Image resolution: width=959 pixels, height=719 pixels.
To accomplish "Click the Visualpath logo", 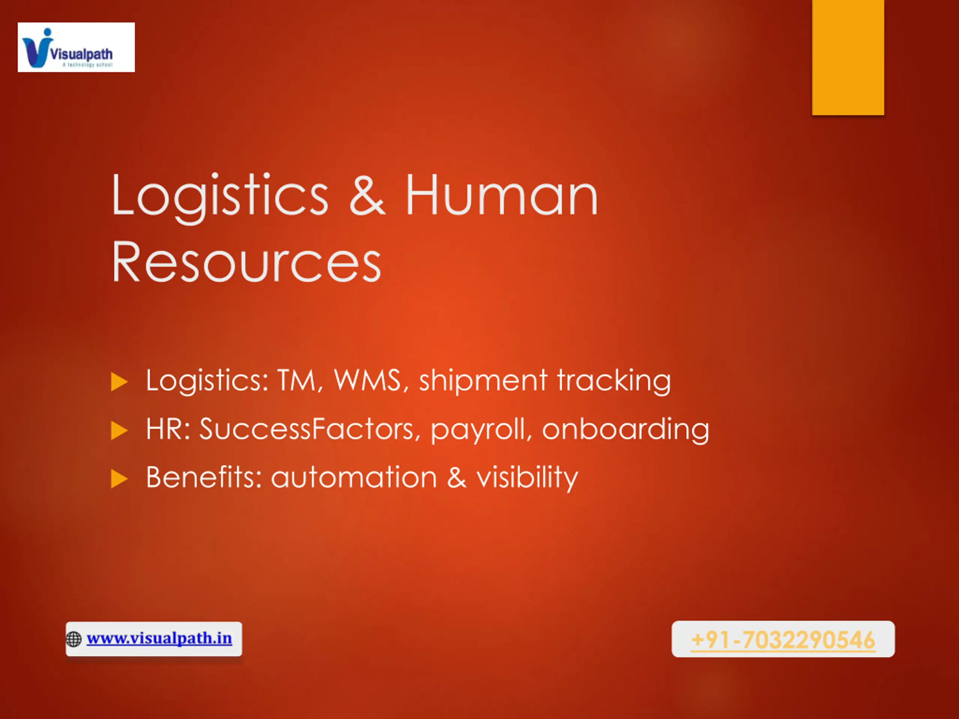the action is click(x=76, y=47).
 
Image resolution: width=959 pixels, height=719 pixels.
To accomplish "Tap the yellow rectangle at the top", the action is click(x=848, y=57).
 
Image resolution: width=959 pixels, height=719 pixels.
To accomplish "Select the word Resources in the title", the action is click(x=246, y=262).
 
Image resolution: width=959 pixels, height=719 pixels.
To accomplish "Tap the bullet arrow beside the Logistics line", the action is click(x=119, y=382).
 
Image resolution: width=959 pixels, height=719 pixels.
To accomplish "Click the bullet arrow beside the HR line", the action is click(x=119, y=430).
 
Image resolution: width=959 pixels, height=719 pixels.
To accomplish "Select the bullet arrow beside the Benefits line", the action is click(x=119, y=479).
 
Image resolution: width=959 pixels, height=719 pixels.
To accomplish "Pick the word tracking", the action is click(x=614, y=382).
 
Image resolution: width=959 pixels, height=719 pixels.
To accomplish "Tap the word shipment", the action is click(x=483, y=382).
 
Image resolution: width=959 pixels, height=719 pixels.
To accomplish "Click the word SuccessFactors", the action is click(x=310, y=429).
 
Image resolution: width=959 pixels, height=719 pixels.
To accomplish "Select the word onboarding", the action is click(x=626, y=430).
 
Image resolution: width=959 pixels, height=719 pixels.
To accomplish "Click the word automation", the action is click(x=354, y=477).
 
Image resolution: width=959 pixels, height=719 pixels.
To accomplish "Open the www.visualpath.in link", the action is click(x=159, y=638).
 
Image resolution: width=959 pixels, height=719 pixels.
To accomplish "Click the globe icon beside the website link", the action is click(x=74, y=639).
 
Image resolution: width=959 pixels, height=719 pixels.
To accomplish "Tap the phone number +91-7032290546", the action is click(x=783, y=640).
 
